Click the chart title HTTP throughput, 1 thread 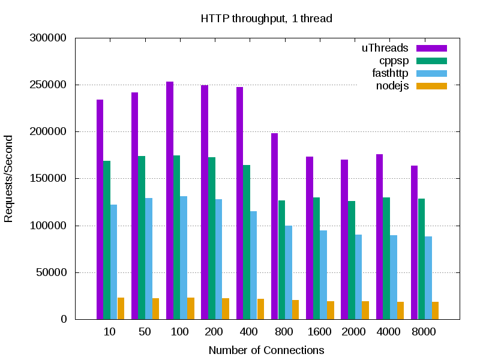click(x=266, y=19)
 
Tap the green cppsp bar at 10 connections click(x=107, y=240)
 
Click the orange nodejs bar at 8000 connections click(x=435, y=310)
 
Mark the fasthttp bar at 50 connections click(x=148, y=259)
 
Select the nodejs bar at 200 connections click(x=226, y=308)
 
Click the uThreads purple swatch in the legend click(x=432, y=48)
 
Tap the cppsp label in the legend click(x=394, y=61)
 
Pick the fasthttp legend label click(x=390, y=73)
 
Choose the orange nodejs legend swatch click(x=432, y=86)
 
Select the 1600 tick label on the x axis click(x=318, y=332)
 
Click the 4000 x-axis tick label click(x=388, y=332)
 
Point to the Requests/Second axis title click(x=8, y=179)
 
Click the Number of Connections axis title click(x=266, y=350)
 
